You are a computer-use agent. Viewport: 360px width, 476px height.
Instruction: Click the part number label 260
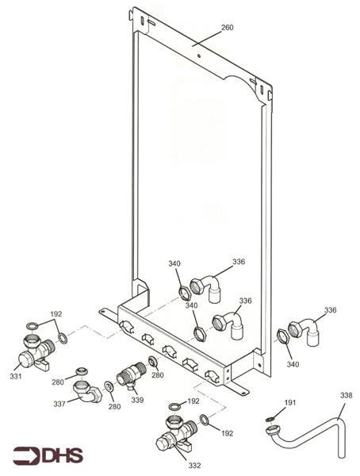(227, 28)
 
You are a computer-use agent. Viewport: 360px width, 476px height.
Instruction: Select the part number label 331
(15, 376)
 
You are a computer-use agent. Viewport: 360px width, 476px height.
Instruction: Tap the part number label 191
(290, 403)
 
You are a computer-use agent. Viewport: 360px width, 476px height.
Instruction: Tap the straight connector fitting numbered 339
(128, 375)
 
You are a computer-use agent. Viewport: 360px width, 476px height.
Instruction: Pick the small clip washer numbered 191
(271, 419)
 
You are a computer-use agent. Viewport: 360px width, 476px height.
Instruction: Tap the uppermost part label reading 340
(174, 263)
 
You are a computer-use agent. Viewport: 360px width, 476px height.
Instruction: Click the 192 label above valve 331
(56, 314)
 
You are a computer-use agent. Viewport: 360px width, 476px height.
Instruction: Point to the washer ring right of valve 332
(205, 420)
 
